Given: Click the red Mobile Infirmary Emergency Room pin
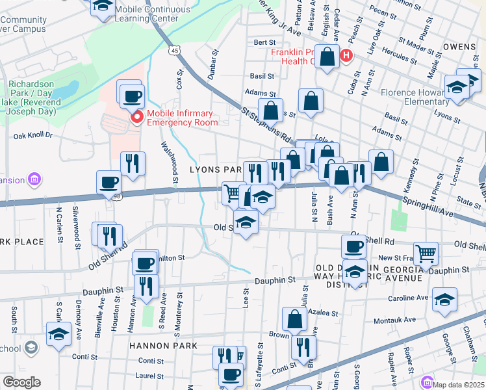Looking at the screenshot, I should (x=137, y=117).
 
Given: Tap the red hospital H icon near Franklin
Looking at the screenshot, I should (x=346, y=56).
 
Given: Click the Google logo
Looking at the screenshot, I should (x=21, y=382).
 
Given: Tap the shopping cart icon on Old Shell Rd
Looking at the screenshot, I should (x=426, y=252).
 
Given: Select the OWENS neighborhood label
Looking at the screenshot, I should (x=461, y=47).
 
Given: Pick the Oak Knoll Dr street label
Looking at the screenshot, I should (x=32, y=136).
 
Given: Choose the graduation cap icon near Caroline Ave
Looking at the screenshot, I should (x=444, y=300).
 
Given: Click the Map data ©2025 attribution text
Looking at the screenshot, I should (x=458, y=384).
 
